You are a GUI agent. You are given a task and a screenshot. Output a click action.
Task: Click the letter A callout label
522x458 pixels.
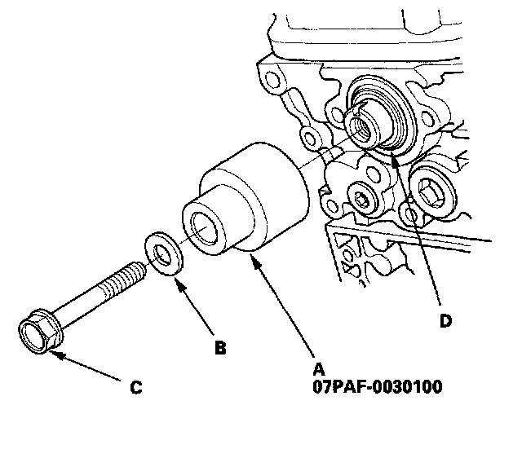[319, 369]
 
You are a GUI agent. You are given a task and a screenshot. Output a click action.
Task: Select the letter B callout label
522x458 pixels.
[220, 348]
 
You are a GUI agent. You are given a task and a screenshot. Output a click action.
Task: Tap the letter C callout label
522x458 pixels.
[136, 387]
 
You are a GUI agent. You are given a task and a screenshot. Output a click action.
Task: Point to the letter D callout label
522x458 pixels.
[445, 321]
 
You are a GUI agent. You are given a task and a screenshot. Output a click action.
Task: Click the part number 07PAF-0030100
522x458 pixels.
[378, 387]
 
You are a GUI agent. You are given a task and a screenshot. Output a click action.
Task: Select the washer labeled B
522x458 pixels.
[163, 254]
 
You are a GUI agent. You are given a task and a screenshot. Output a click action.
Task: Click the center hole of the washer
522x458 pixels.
[162, 254]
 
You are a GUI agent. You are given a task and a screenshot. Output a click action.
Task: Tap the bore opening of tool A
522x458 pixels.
[203, 227]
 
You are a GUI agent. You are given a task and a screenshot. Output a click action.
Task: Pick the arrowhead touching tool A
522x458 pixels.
[255, 260]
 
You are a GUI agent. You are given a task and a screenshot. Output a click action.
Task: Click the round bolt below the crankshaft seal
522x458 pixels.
[364, 199]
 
